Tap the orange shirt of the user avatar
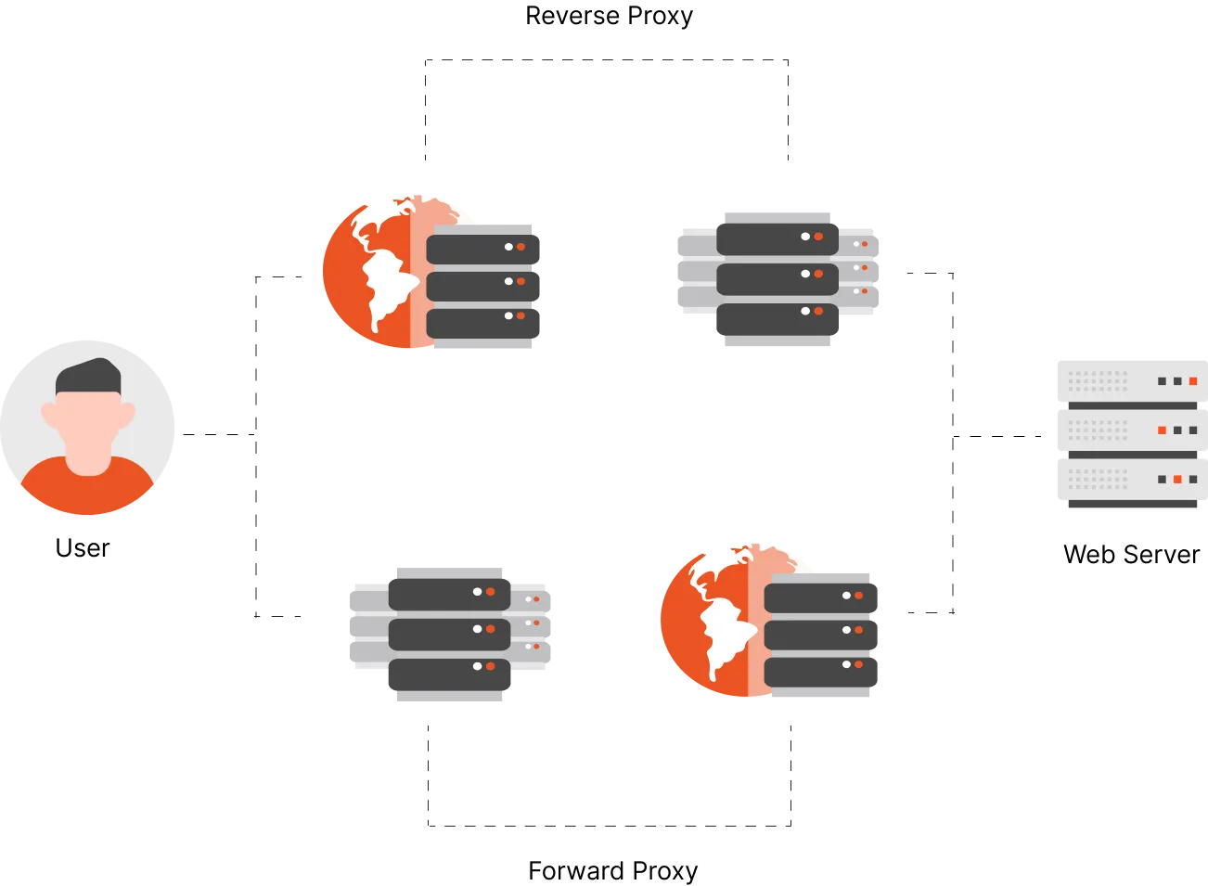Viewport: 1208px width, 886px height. (x=88, y=489)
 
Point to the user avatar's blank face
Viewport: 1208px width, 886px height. (x=88, y=422)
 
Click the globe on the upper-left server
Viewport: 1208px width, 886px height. (x=366, y=269)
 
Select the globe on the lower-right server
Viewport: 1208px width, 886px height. (x=707, y=620)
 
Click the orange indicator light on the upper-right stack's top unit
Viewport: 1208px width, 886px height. (x=818, y=237)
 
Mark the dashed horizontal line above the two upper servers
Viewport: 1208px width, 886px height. (x=608, y=63)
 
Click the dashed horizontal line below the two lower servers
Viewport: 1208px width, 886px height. (x=608, y=826)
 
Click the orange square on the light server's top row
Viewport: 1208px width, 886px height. (x=1193, y=381)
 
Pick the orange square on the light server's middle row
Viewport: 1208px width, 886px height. (x=1162, y=430)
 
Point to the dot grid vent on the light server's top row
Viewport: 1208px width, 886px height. (x=1099, y=380)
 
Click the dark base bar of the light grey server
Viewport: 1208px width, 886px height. (x=1131, y=506)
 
